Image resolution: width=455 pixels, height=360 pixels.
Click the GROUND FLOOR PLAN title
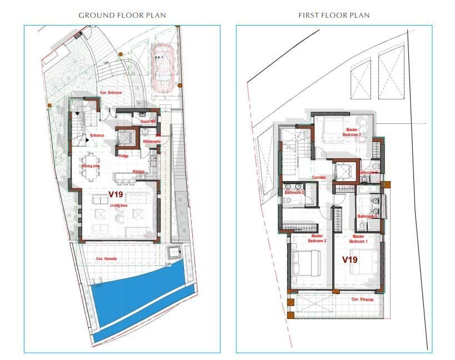(x=122, y=15)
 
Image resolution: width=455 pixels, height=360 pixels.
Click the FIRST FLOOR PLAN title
(x=333, y=15)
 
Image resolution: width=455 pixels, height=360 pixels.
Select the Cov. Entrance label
(x=111, y=92)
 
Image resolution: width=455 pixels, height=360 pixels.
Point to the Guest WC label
(x=148, y=121)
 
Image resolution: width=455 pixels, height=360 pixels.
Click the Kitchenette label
(x=152, y=142)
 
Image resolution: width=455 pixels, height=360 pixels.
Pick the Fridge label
(x=123, y=156)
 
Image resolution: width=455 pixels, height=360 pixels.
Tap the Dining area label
(x=91, y=166)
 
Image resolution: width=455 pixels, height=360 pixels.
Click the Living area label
(x=118, y=206)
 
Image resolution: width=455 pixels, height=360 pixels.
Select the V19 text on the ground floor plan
(x=116, y=194)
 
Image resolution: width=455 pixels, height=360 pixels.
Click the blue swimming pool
(x=139, y=300)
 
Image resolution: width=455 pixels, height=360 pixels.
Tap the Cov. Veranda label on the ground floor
(x=106, y=259)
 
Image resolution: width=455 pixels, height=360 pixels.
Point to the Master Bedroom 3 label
(x=352, y=132)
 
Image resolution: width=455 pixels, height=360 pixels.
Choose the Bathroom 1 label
(x=367, y=216)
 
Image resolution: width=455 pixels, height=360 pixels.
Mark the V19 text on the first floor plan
(x=349, y=259)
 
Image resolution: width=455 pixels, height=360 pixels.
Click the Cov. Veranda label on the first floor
(x=362, y=299)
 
